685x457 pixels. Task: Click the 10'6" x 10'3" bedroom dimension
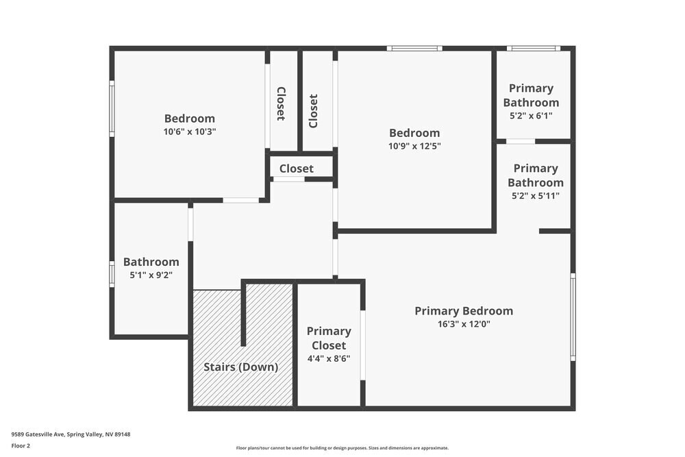click(x=189, y=132)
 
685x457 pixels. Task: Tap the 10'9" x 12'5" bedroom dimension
click(x=414, y=146)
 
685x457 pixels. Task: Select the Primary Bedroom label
click(x=463, y=311)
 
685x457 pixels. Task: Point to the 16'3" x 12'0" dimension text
click(x=463, y=324)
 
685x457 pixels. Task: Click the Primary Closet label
click(x=329, y=338)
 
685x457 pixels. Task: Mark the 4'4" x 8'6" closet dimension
click(x=329, y=358)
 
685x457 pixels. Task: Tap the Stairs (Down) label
click(x=241, y=367)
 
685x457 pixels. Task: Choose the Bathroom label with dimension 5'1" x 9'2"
click(x=151, y=262)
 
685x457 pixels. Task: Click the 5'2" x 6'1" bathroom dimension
click(x=531, y=116)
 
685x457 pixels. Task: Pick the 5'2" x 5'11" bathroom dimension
click(x=535, y=196)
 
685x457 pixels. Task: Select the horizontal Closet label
click(x=296, y=169)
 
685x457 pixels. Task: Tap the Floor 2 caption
click(x=21, y=445)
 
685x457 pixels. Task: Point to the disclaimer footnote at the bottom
click(x=342, y=448)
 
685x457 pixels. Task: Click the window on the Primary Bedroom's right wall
click(x=573, y=317)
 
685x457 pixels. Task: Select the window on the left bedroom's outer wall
click(x=112, y=108)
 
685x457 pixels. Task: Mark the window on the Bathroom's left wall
click(x=112, y=273)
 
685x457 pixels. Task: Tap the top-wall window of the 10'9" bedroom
click(x=414, y=49)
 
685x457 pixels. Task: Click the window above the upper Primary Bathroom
click(x=533, y=49)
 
